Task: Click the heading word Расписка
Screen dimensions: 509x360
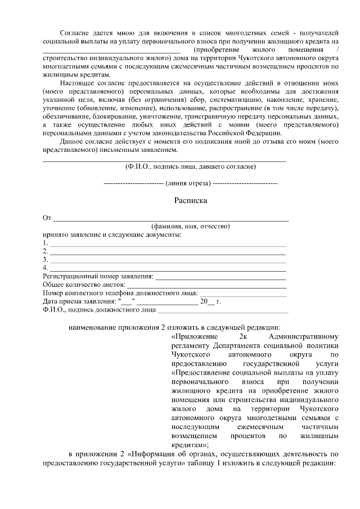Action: (x=191, y=200)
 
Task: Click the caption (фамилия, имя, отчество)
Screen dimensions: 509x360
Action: (x=191, y=226)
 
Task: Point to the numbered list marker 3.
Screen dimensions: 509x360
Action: (x=45, y=260)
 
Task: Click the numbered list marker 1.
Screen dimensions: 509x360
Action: (x=45, y=243)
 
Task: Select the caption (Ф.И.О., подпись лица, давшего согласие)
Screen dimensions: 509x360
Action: (x=191, y=166)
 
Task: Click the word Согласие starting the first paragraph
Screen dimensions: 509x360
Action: (x=77, y=33)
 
